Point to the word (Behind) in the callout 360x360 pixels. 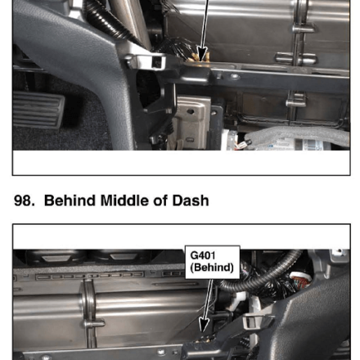tap(212, 268)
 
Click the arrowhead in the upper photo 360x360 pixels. tap(202, 54)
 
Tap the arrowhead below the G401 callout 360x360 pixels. tap(204, 325)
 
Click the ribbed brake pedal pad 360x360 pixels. tap(38, 110)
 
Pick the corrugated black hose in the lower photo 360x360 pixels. tap(260, 276)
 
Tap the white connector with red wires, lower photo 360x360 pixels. tap(301, 280)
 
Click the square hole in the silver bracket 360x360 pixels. tap(157, 62)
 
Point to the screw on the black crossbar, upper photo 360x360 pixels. tap(234, 77)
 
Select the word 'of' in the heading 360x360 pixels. tap(160, 200)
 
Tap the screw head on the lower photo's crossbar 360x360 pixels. tap(161, 352)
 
